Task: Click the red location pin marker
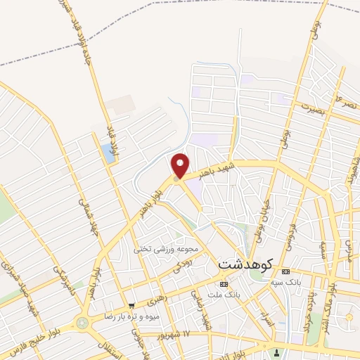[x=181, y=165]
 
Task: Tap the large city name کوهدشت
[x=245, y=265]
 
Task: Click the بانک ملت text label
[x=224, y=295]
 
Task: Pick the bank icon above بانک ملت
[x=224, y=284]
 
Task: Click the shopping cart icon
[x=131, y=306]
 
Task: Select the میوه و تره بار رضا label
[x=129, y=317]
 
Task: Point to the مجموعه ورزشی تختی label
[x=168, y=249]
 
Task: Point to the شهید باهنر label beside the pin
[x=212, y=168]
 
